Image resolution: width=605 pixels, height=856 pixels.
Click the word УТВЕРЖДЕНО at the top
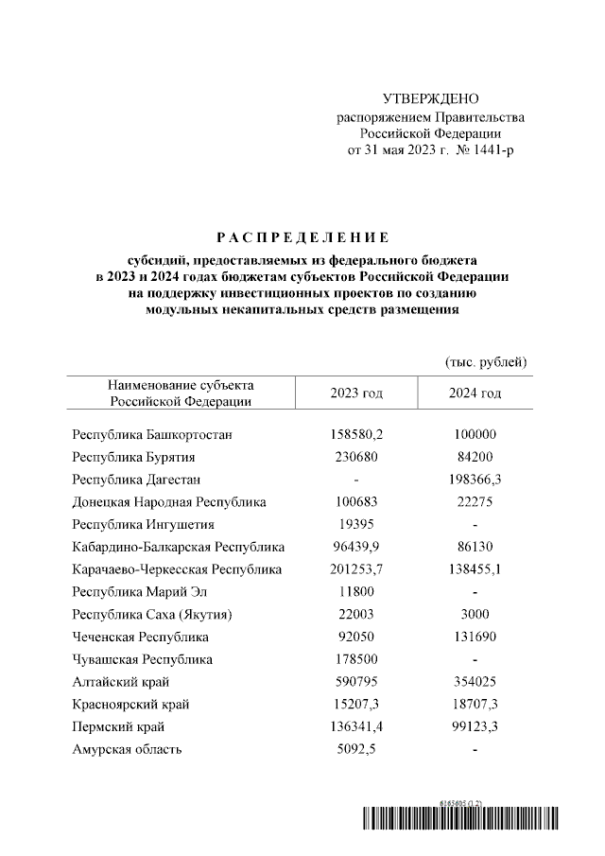pos(431,99)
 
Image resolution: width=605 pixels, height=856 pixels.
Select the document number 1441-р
pos(491,150)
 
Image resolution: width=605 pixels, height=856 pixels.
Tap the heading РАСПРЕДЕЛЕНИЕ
pos(302,236)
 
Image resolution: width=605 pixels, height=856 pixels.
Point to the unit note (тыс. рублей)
pos(485,362)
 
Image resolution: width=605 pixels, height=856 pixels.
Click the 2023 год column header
pos(355,393)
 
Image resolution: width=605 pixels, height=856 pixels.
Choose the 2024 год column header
pos(475,393)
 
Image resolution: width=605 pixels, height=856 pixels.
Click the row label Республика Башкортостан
pos(152,435)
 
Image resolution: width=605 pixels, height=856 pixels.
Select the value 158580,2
pos(355,435)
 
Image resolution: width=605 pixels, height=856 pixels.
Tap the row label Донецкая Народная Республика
pos(169,502)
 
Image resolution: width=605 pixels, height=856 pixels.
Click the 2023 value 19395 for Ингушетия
pos(355,524)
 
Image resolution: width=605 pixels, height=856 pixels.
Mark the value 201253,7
pos(355,569)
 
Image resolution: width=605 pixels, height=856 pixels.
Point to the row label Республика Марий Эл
pos(139,592)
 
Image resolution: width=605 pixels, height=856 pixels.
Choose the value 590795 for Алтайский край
pos(355,682)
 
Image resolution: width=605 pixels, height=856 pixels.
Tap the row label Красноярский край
pos(130,705)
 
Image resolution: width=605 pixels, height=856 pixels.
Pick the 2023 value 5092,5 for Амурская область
pos(355,749)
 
